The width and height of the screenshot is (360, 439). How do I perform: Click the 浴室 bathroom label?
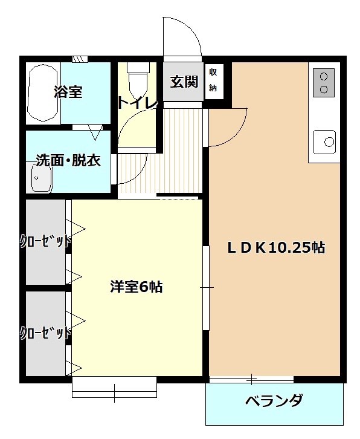click(68, 92)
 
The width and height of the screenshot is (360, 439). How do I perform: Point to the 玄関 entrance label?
click(184, 82)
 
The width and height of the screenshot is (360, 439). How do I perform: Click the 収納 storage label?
click(213, 80)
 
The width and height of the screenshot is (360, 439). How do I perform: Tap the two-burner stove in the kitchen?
click(325, 82)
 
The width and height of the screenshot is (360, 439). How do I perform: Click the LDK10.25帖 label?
click(276, 247)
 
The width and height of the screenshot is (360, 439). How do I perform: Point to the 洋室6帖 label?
click(136, 287)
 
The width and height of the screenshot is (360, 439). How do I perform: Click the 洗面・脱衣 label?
click(68, 161)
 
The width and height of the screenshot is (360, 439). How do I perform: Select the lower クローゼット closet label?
click(45, 332)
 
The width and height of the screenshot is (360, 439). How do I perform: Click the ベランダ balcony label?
click(274, 401)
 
